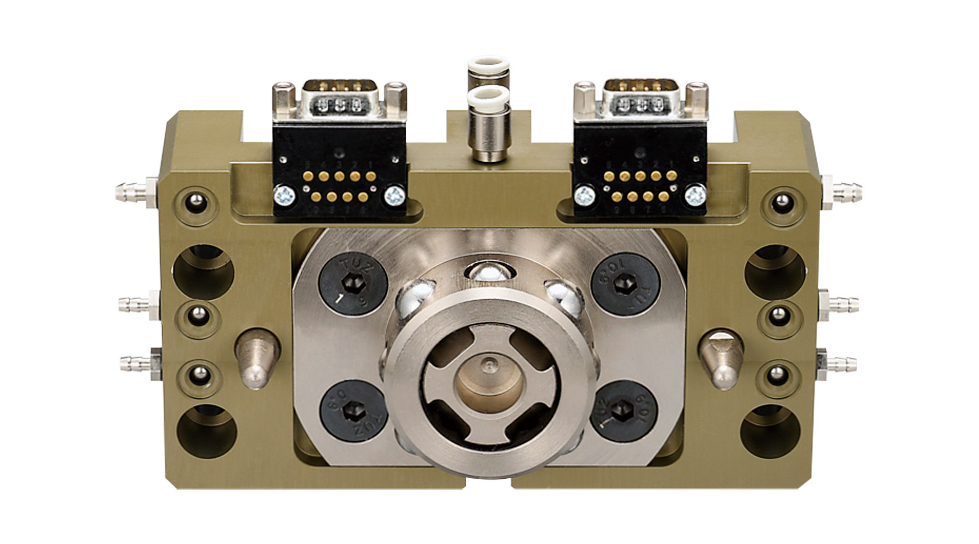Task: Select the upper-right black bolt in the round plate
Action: (625, 284)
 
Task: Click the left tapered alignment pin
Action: (257, 358)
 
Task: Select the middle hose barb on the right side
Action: (842, 302)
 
